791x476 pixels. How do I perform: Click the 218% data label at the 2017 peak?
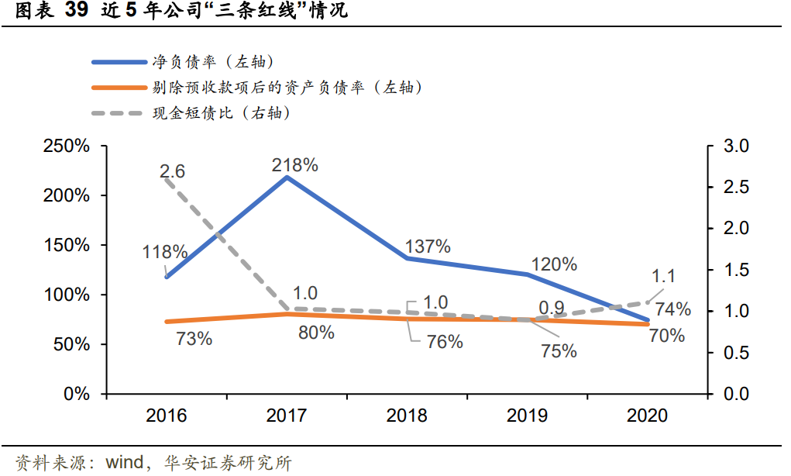pos(294,165)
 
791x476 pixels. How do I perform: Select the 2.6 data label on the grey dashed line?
pos(172,171)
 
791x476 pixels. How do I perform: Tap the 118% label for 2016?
pos(165,252)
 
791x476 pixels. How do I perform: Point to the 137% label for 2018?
pos(428,247)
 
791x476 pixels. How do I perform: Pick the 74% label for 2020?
pos(672,309)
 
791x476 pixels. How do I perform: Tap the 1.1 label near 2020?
pos(664,276)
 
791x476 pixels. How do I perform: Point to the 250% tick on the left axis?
pos(67,147)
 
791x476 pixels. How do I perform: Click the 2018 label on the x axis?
pos(407,416)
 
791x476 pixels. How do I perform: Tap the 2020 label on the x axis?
pos(647,416)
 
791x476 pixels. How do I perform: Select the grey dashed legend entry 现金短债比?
pos(221,113)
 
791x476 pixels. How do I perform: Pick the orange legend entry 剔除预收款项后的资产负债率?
pos(287,88)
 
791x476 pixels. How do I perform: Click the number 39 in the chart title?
pos(77,11)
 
